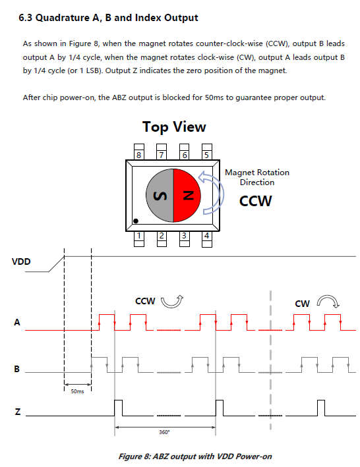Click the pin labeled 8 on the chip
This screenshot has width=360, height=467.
(139, 152)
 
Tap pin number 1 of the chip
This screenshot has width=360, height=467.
(139, 239)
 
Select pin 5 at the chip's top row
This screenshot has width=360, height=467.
(207, 152)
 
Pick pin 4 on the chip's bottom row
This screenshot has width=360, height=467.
(207, 239)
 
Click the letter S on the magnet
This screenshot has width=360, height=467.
(160, 196)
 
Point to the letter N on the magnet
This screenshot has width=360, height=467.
(188, 196)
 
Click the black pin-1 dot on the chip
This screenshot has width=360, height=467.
(136, 221)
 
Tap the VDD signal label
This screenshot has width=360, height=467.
(21, 261)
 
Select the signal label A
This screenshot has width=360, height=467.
(17, 322)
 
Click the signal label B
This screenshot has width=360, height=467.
(17, 369)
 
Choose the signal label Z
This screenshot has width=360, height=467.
(18, 412)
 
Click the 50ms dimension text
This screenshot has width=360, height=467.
(78, 391)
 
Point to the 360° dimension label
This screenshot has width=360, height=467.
(164, 432)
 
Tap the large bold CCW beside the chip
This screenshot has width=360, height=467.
(255, 201)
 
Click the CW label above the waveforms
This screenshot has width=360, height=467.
(302, 304)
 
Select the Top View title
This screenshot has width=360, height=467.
(174, 127)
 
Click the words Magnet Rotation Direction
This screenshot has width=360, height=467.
(257, 177)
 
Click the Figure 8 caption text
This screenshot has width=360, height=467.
(195, 456)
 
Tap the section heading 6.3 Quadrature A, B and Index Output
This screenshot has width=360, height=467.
(108, 18)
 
